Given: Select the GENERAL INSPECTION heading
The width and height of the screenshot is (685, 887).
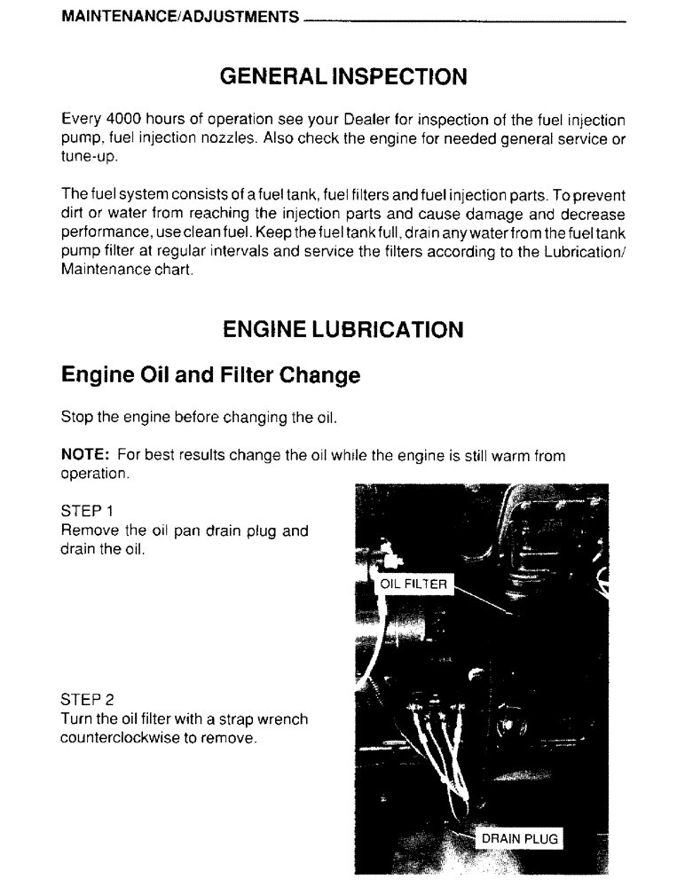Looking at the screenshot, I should (342, 77).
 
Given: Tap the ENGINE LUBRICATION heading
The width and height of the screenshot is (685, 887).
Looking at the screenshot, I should (342, 330).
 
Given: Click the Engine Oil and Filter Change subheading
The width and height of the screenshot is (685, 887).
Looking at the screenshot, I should (210, 375).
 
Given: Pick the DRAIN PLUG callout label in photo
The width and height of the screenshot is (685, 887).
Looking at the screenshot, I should (520, 837).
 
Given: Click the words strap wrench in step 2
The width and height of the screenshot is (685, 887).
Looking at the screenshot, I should (246, 719).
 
